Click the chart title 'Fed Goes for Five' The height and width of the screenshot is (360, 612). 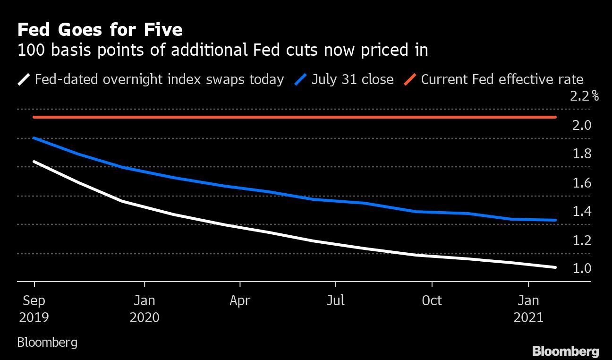[100, 30]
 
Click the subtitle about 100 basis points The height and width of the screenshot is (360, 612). [222, 50]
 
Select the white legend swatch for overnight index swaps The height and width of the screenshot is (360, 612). [25, 79]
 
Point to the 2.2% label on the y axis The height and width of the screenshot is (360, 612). [585, 96]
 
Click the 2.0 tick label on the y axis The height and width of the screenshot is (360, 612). [581, 125]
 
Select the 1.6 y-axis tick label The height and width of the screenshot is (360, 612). [581, 183]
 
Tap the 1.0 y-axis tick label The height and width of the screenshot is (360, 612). [581, 268]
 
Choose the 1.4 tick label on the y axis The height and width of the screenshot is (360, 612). [581, 211]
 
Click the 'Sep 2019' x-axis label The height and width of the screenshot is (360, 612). [34, 309]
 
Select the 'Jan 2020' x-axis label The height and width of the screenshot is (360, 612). [144, 309]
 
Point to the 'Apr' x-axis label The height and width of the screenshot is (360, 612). [240, 300]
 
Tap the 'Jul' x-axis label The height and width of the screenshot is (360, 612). [335, 300]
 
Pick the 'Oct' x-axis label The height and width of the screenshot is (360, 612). [432, 300]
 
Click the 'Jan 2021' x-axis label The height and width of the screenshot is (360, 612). [528, 309]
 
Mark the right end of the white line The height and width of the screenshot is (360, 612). [555, 267]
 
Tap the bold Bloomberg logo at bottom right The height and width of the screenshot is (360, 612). [565, 351]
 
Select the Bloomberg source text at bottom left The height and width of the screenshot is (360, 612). [47, 342]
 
